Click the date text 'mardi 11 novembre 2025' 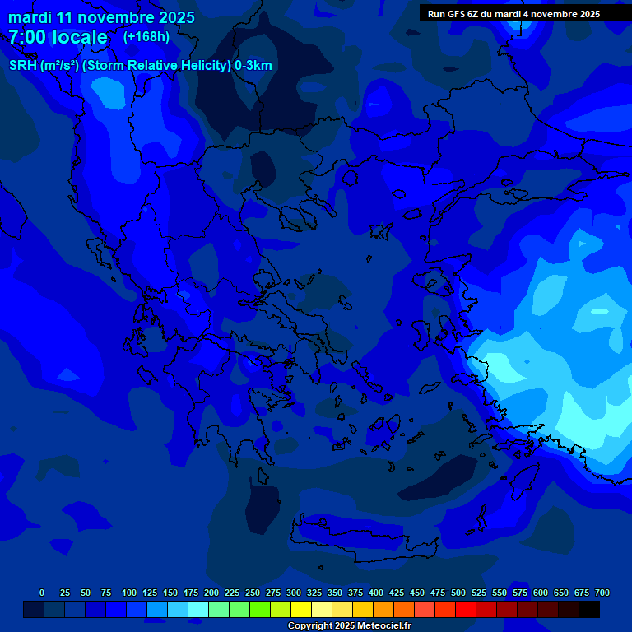click(101, 17)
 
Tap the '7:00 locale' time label click(58, 37)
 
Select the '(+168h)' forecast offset click(146, 37)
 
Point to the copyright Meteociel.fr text click(349, 625)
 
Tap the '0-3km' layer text click(253, 66)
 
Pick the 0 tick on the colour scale click(42, 592)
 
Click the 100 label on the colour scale click(129, 592)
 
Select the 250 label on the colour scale click(253, 592)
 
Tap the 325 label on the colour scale click(314, 592)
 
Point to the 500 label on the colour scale click(458, 592)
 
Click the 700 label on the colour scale click(602, 592)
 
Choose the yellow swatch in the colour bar click(301, 610)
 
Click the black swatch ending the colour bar click(589, 610)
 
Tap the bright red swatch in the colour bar click(466, 610)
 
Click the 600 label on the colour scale click(541, 592)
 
